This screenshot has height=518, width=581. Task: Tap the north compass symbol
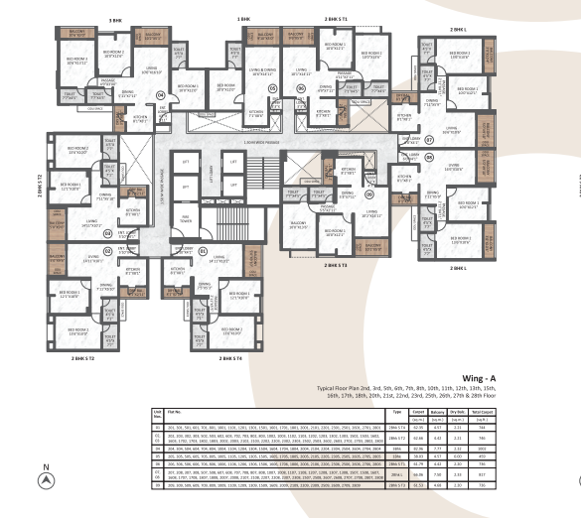(45, 480)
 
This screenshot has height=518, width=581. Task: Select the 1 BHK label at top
(242, 19)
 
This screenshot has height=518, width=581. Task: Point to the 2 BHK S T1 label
(338, 19)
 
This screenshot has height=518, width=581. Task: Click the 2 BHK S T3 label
(335, 266)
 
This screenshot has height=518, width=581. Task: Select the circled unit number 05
(272, 88)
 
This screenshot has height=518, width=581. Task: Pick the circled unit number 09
(368, 195)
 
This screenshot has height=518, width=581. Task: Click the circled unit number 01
(203, 252)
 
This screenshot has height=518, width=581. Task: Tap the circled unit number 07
(430, 140)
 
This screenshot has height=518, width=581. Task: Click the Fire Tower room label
(186, 220)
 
